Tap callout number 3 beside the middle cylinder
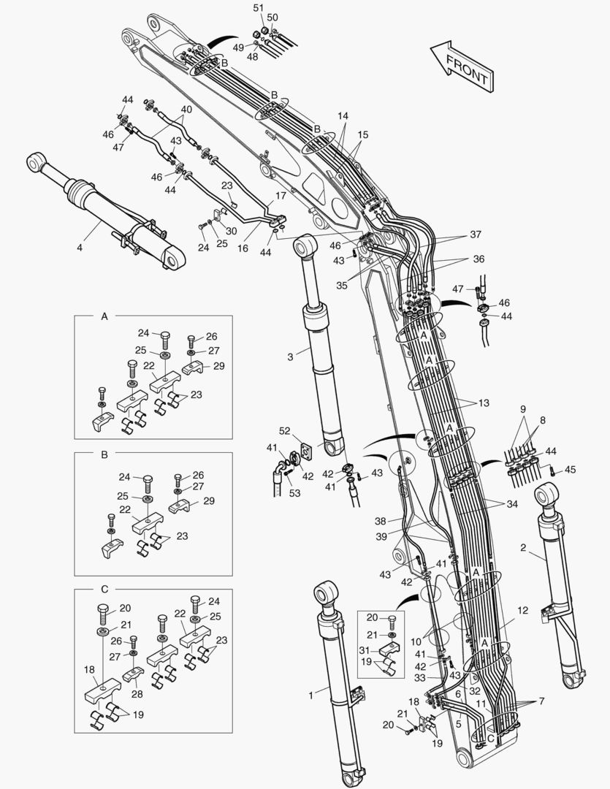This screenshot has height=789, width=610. click(290, 357)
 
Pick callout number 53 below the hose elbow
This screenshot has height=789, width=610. click(295, 493)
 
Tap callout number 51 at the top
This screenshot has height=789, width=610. click(258, 7)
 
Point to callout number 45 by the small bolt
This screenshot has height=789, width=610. click(571, 470)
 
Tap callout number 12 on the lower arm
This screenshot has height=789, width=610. click(522, 610)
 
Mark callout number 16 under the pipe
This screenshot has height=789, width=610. click(243, 248)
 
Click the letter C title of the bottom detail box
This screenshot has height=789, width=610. click(104, 589)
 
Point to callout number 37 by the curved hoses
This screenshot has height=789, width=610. click(476, 235)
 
